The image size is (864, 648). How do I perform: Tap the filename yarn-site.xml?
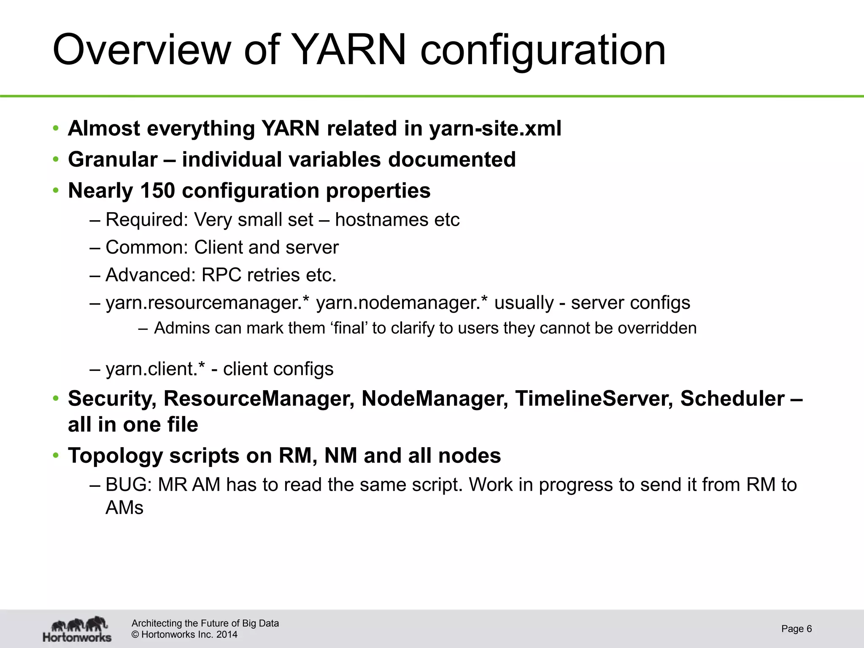[x=495, y=128]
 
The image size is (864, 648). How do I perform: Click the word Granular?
[x=113, y=159]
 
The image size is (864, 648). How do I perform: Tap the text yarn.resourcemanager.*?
[x=208, y=303]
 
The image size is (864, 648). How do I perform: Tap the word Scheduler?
[x=732, y=399]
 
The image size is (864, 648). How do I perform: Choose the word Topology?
[x=115, y=456]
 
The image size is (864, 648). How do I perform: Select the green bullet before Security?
[x=55, y=399]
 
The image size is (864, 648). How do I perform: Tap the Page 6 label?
[x=796, y=629]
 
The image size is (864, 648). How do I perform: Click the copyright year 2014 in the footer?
[x=227, y=634]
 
